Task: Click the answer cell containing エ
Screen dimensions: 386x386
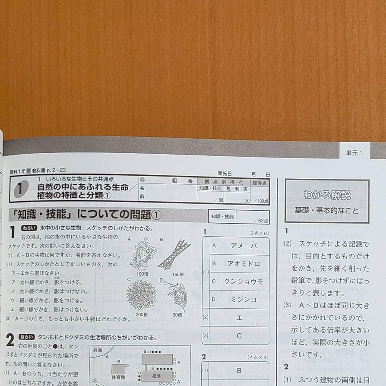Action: coord(239,317)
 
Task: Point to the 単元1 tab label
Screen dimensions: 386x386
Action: coord(356,152)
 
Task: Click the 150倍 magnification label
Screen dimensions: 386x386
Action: coord(178,274)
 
